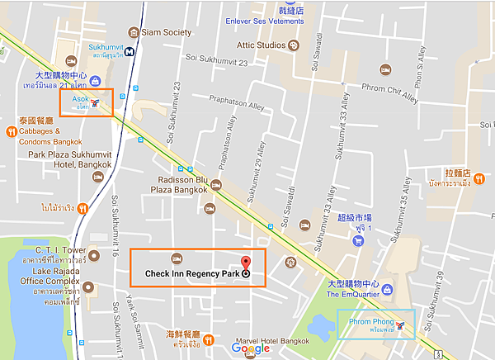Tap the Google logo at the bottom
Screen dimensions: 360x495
point(250,348)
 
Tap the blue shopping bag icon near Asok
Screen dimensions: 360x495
point(97,80)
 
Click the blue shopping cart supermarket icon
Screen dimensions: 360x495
point(359,241)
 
